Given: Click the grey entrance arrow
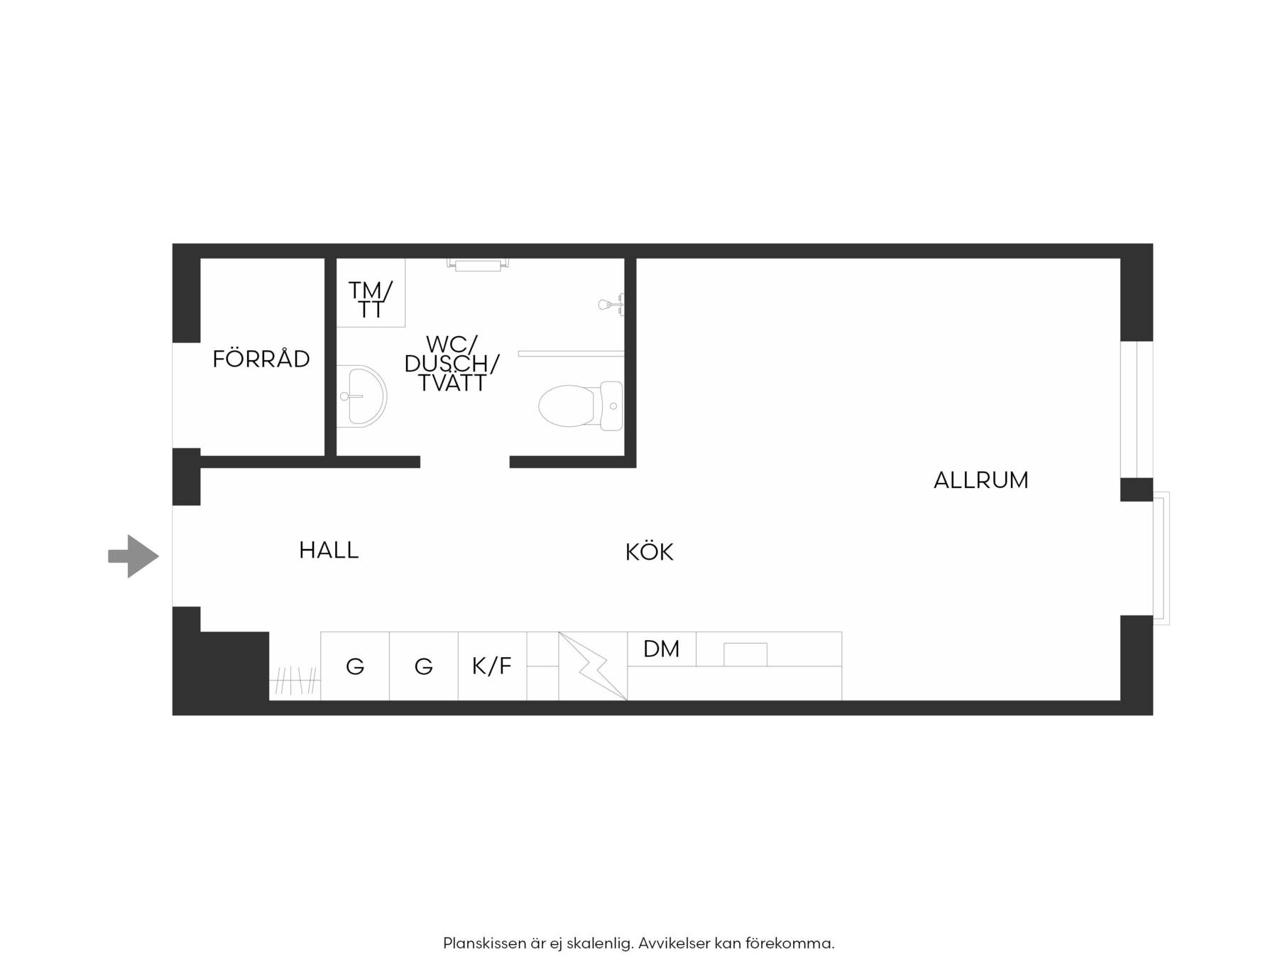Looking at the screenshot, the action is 133,556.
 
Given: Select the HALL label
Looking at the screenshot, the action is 329,550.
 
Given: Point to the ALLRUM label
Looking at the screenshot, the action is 981,480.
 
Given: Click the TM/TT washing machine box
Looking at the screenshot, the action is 370,293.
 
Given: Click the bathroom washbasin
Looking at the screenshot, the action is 361,396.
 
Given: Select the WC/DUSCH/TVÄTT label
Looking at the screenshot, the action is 452,364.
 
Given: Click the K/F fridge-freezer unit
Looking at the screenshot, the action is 492,666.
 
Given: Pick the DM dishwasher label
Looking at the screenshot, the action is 661,649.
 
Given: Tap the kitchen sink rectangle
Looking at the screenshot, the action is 745,654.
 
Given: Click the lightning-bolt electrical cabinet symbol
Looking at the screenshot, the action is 593,666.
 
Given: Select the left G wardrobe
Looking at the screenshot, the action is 355,666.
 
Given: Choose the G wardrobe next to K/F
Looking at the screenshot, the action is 424,666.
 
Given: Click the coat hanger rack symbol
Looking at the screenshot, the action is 295,681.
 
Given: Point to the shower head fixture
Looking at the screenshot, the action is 611,305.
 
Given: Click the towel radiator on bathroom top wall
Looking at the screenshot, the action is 478,264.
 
